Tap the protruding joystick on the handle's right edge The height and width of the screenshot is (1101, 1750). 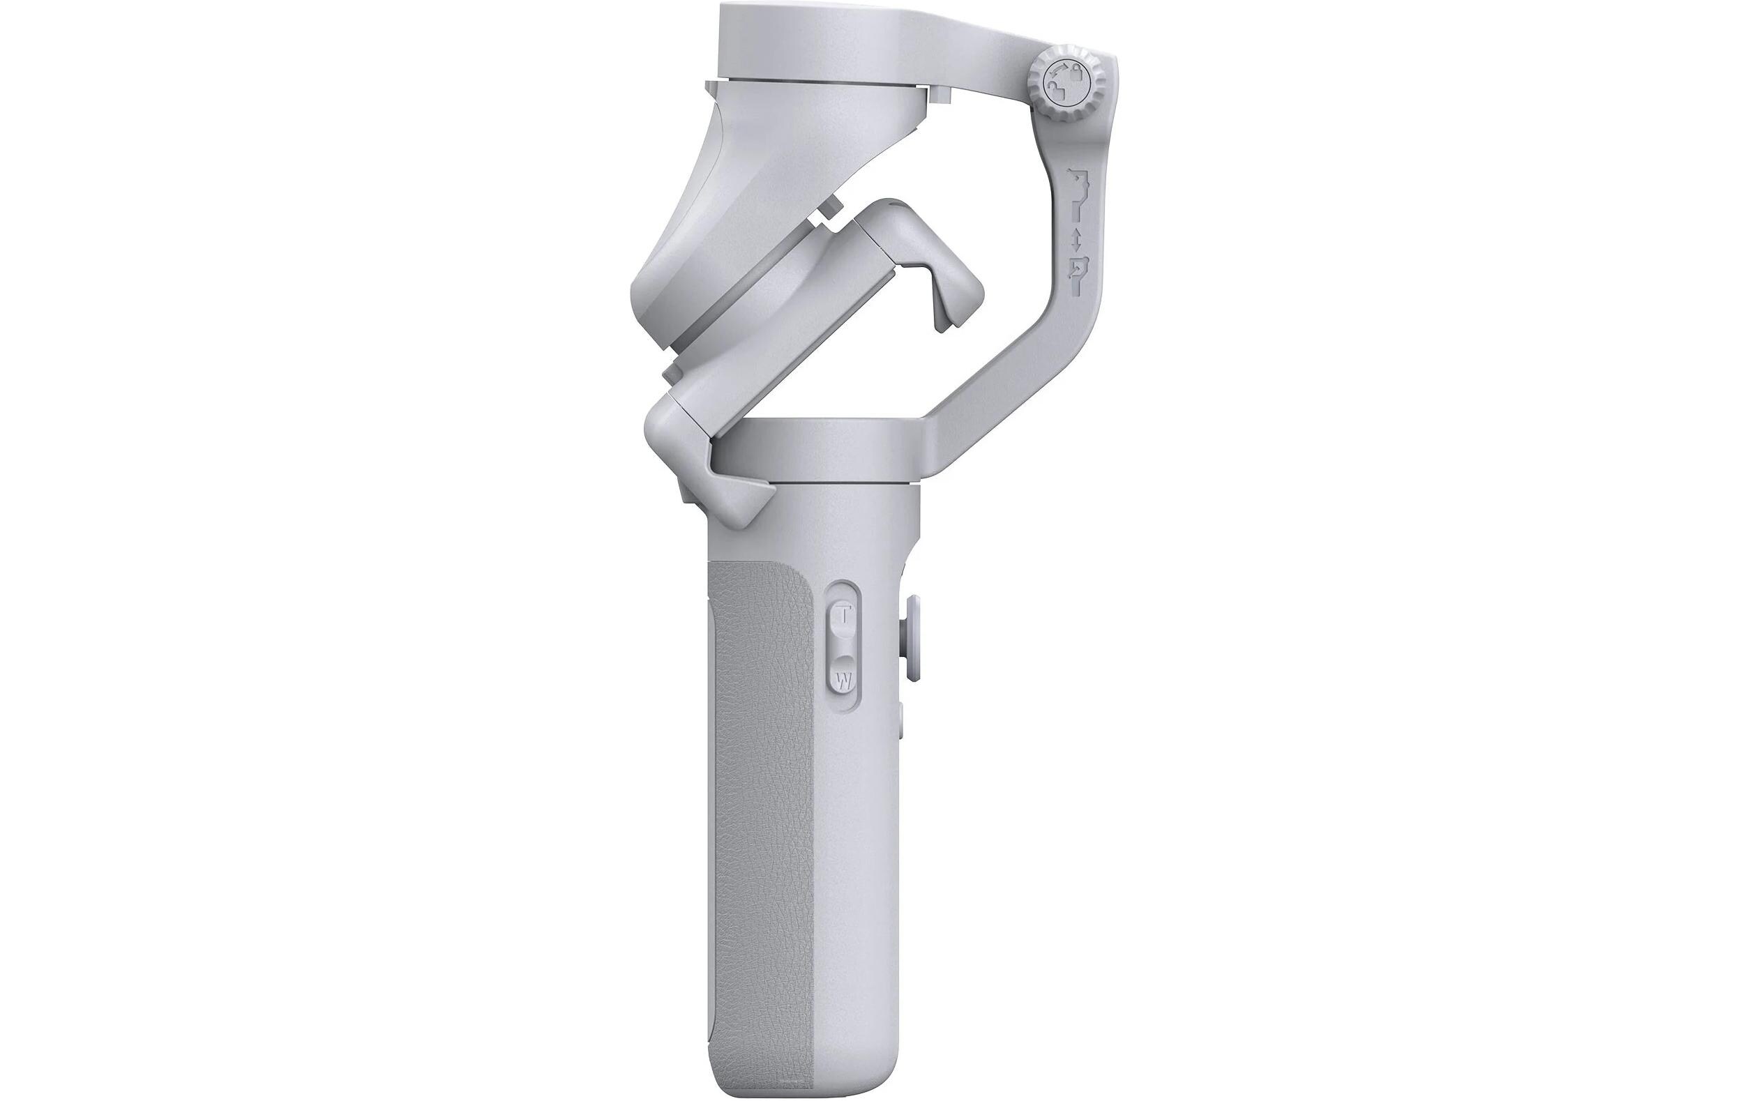pyautogui.click(x=912, y=640)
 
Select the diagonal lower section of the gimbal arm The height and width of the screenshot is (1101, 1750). pyautogui.click(x=1018, y=393)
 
